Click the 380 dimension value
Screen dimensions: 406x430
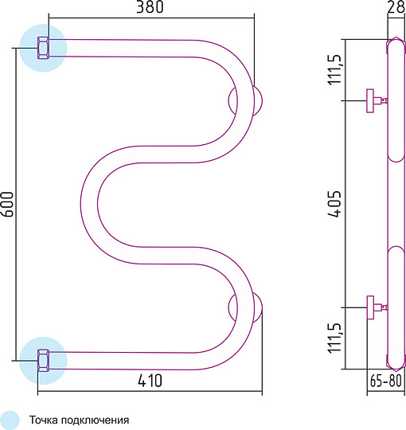click(150, 6)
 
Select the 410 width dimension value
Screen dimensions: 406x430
click(150, 381)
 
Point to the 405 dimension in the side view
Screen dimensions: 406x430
click(335, 204)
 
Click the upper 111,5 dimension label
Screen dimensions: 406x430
click(335, 69)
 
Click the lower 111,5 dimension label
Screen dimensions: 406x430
click(335, 338)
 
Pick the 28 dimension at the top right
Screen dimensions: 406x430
click(396, 6)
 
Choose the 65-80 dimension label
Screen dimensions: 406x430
click(386, 381)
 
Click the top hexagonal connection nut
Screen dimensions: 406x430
click(43, 48)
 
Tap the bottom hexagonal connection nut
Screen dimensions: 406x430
click(43, 361)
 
